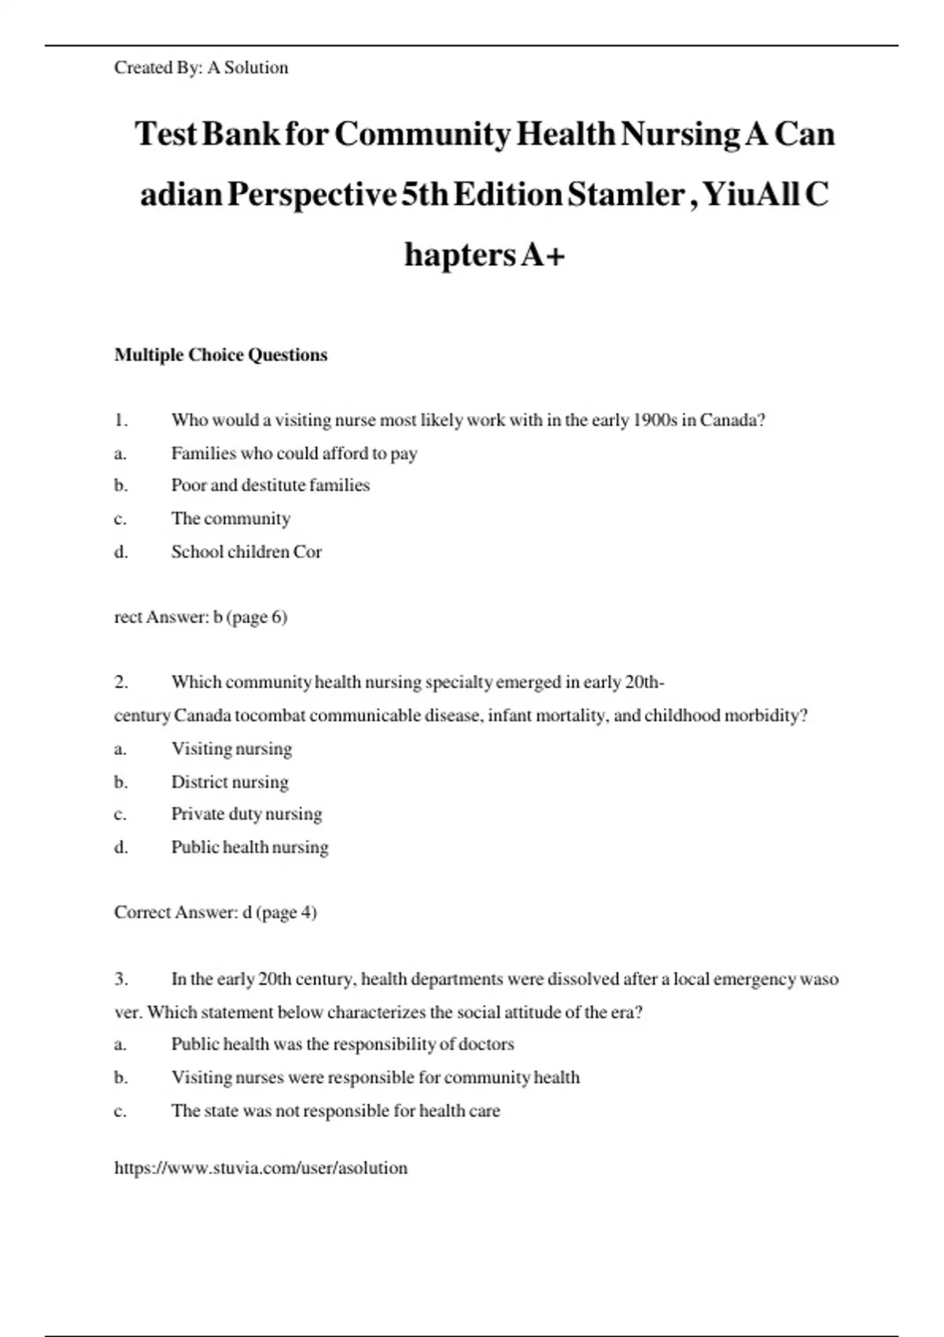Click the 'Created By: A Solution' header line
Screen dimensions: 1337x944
[x=201, y=68]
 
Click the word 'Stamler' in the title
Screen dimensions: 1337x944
[x=625, y=194]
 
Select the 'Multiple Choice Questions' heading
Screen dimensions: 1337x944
[x=220, y=355]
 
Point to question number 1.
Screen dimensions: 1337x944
[x=121, y=420]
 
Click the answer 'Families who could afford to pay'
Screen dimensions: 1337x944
[x=293, y=453]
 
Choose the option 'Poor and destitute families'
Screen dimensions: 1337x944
[x=270, y=485]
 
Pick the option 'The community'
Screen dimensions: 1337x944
[x=230, y=518]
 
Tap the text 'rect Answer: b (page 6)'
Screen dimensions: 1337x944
[x=201, y=617]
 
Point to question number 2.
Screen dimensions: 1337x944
[x=121, y=682]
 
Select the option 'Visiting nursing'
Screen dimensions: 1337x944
[x=231, y=749]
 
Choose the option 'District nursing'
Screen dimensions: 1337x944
[x=230, y=782]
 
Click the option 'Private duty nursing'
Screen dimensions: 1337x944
[x=246, y=814]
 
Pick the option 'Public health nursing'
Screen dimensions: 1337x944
[x=249, y=847]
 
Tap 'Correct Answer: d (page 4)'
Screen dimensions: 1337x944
[x=215, y=912]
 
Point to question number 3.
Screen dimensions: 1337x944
[x=121, y=979]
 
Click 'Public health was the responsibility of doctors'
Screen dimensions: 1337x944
[x=342, y=1044]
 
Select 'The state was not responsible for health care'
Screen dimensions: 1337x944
[x=335, y=1110]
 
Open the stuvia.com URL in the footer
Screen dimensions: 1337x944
[x=260, y=1168]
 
